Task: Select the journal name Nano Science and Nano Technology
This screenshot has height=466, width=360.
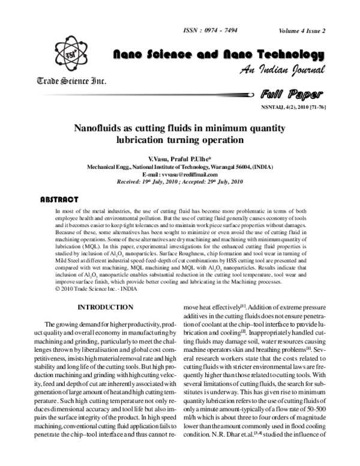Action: point(219,55)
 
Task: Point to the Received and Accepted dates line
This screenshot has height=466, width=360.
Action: point(179,181)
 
